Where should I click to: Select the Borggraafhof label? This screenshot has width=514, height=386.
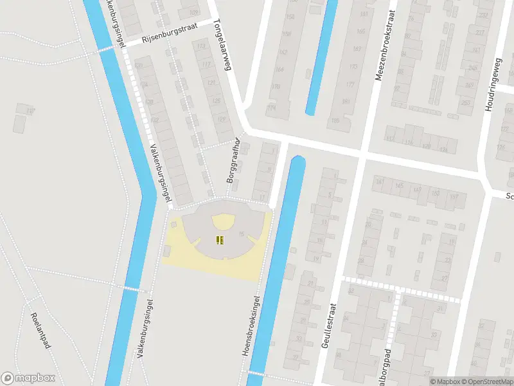[x=233, y=160]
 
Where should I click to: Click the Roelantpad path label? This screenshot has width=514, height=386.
[x=40, y=331]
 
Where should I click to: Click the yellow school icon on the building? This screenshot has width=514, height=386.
[x=220, y=241]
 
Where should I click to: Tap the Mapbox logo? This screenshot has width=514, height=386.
[x=28, y=378]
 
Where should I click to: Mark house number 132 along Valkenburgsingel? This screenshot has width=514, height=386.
[x=154, y=120]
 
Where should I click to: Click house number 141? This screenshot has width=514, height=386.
[x=379, y=183]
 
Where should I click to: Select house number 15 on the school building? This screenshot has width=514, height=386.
[x=242, y=234]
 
